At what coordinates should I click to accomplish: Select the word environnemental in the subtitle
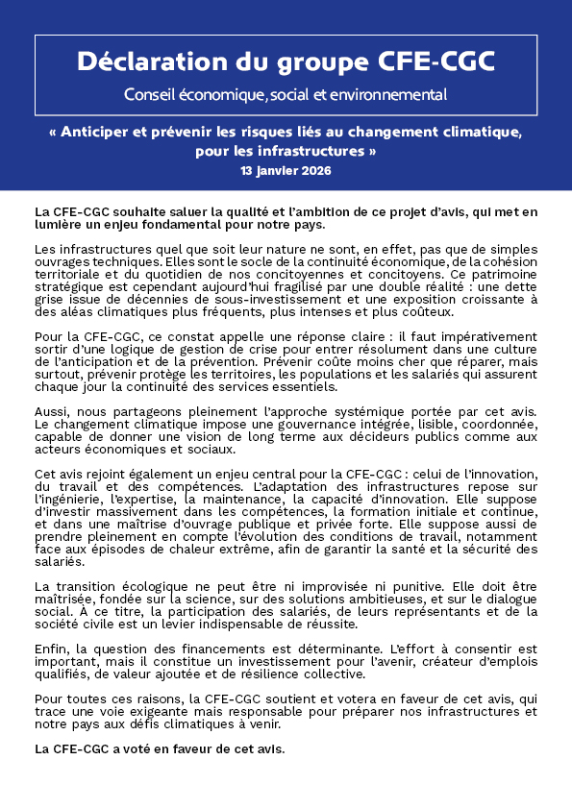pyautogui.click(x=388, y=94)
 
